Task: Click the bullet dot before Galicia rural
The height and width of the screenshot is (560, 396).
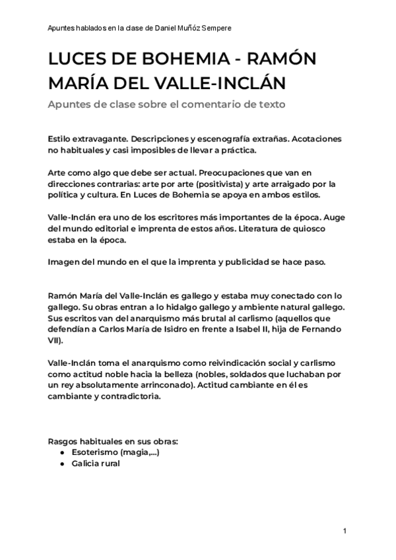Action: [61, 464]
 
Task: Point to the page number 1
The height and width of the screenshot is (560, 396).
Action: [345, 532]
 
